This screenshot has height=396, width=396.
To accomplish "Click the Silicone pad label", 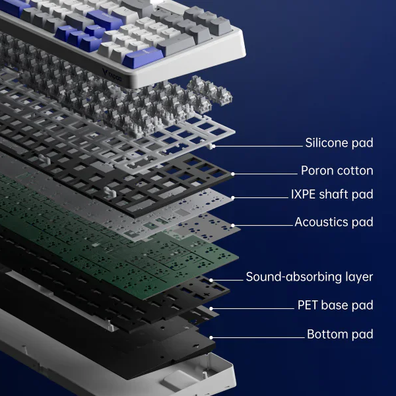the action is [339, 143].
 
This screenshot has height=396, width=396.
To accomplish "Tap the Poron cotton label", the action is [337, 170].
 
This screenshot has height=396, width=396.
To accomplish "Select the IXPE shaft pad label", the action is [332, 194].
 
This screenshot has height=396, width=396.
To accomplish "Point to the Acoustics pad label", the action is [334, 222].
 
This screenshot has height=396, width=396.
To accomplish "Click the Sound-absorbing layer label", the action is [310, 277].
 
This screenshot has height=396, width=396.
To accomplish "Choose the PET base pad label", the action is [335, 305].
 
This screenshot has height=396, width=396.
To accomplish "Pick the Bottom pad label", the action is [340, 334].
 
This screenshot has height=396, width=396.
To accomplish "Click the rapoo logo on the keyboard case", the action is [112, 75].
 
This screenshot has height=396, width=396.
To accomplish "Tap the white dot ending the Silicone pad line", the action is [214, 146].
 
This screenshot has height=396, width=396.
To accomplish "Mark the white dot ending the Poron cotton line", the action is [233, 174].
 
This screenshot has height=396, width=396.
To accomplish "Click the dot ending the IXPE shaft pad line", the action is [233, 198].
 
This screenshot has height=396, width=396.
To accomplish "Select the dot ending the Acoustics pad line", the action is [233, 226].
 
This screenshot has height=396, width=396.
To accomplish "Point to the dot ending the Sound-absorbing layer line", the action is [211, 280].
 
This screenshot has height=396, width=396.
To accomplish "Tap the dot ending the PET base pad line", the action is [211, 309].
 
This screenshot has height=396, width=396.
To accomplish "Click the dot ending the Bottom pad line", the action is [211, 338].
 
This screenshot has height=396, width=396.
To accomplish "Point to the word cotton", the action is [355, 171].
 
